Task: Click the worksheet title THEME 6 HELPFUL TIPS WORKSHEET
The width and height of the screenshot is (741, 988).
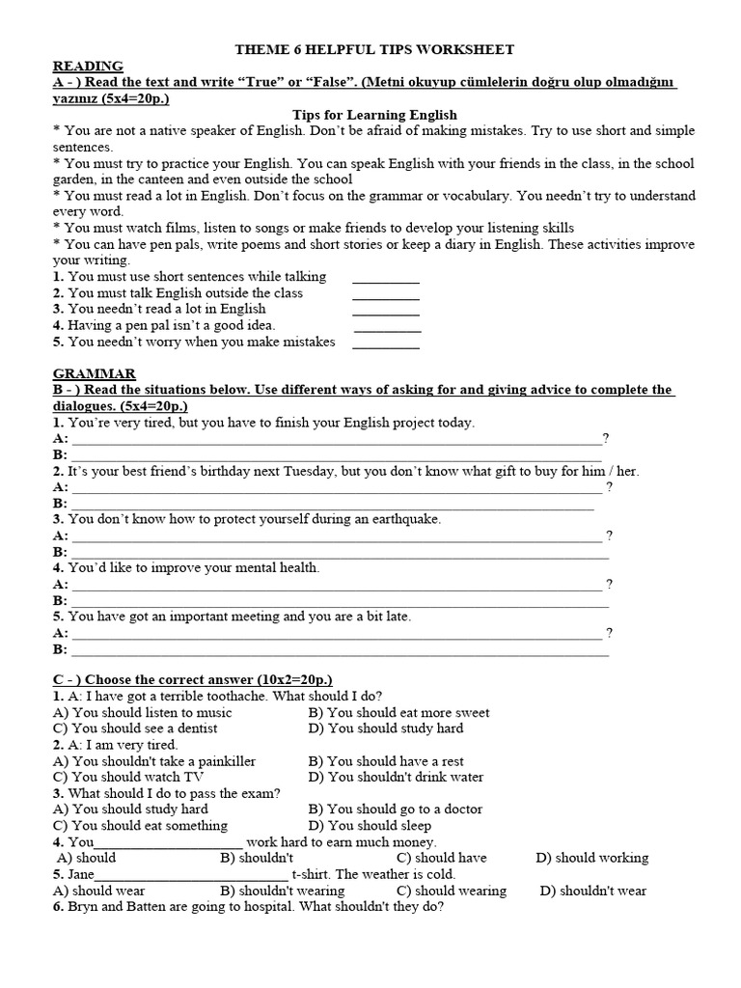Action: (375, 49)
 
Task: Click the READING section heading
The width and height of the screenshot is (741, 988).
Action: (88, 66)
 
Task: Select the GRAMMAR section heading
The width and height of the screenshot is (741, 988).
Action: (94, 373)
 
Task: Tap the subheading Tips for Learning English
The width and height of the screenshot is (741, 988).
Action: (375, 115)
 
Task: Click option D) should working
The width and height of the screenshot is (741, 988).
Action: (592, 858)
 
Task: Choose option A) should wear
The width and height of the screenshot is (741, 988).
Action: (100, 891)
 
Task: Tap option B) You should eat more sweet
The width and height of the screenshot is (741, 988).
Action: (398, 713)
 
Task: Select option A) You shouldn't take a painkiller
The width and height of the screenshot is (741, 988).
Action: (154, 761)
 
